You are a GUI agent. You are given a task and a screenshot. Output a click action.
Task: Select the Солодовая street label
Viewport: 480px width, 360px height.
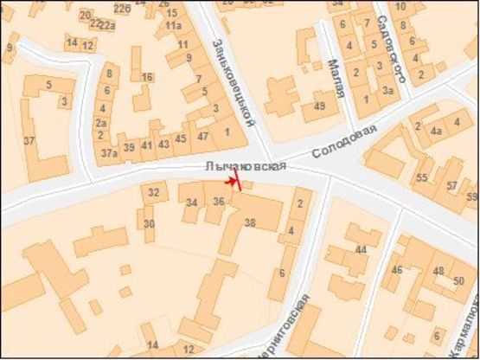[345, 139]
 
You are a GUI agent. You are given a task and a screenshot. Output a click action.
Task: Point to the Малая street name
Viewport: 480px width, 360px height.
[336, 79]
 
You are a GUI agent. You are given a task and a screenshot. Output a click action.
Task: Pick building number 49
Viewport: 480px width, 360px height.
[319, 106]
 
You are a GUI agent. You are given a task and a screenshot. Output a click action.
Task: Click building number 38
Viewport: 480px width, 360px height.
[251, 222]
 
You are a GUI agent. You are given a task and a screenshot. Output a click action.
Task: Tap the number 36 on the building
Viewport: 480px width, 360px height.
[219, 202]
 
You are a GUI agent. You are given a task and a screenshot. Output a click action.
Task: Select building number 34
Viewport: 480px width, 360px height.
[191, 202]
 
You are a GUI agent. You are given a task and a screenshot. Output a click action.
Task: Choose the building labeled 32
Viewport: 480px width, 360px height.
[154, 192]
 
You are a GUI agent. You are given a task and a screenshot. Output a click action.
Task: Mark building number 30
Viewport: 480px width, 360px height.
[149, 224]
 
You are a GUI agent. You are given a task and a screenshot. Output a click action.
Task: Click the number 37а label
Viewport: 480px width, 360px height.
[108, 153]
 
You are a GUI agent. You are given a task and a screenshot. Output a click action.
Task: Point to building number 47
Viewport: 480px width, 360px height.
[203, 137]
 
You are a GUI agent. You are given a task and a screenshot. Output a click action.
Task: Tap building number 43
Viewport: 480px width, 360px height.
[163, 145]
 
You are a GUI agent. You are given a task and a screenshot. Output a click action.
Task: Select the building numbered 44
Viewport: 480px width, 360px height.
[361, 250]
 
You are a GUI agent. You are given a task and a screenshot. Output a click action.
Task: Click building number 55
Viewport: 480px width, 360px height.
[422, 177]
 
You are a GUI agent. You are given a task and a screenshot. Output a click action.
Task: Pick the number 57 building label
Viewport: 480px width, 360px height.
[451, 186]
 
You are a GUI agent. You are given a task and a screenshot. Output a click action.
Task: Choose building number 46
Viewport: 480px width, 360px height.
[397, 270]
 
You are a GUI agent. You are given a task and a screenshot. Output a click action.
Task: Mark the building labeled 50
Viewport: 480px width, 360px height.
[459, 280]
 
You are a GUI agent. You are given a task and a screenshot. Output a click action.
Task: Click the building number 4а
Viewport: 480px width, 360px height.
[437, 132]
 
